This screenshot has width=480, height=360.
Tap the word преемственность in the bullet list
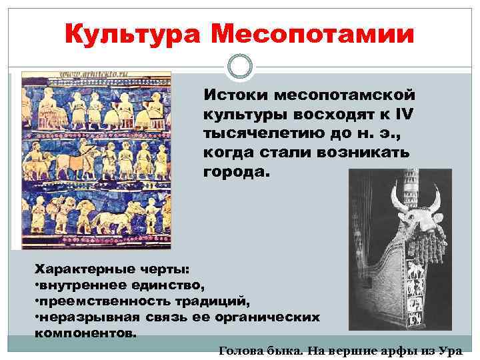point(97,300)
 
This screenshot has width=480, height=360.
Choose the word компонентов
point(85,331)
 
